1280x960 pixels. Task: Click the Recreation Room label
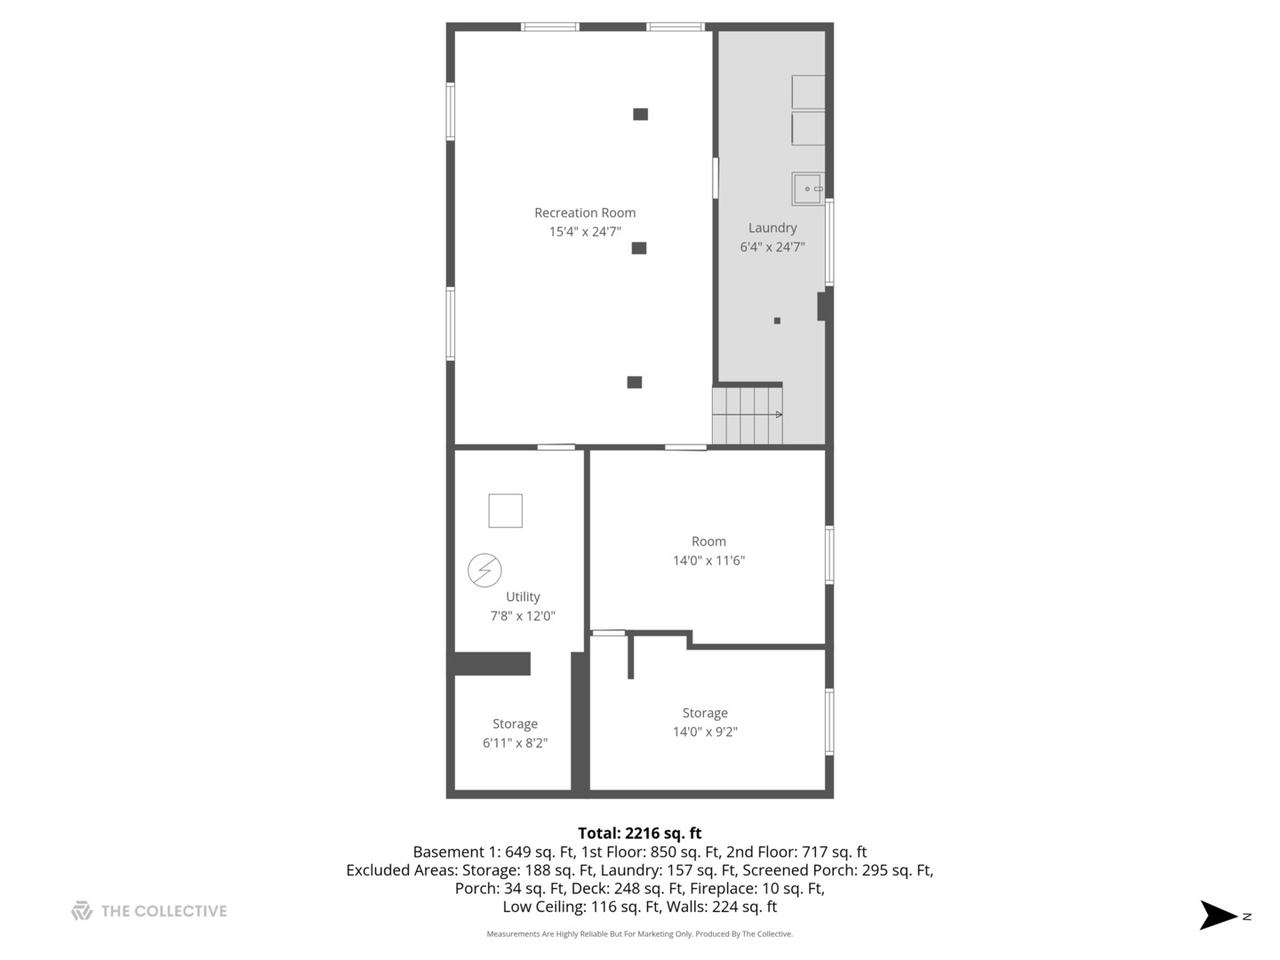coord(585,212)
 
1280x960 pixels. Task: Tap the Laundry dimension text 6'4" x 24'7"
coord(772,247)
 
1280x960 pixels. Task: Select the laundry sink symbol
coord(808,188)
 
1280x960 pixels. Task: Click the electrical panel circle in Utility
coord(484,570)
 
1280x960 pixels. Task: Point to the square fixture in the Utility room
coord(505,510)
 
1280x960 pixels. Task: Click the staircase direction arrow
coord(778,414)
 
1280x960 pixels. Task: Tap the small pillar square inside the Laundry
coord(777,321)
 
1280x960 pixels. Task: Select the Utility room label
coord(523,596)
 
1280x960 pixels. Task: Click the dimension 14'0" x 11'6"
coord(708,561)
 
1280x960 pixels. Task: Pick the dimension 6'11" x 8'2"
coord(515,743)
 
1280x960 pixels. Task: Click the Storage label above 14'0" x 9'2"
coord(705,713)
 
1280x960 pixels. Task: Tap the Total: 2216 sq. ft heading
coord(639,833)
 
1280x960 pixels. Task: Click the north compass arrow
coord(1219,915)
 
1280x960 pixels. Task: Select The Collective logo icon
coord(82,910)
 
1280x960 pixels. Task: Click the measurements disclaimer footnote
coord(639,934)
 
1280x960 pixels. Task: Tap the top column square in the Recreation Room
coord(640,114)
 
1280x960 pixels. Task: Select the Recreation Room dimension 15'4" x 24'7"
coord(585,232)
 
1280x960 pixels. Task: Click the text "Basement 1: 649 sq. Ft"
coord(493,852)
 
